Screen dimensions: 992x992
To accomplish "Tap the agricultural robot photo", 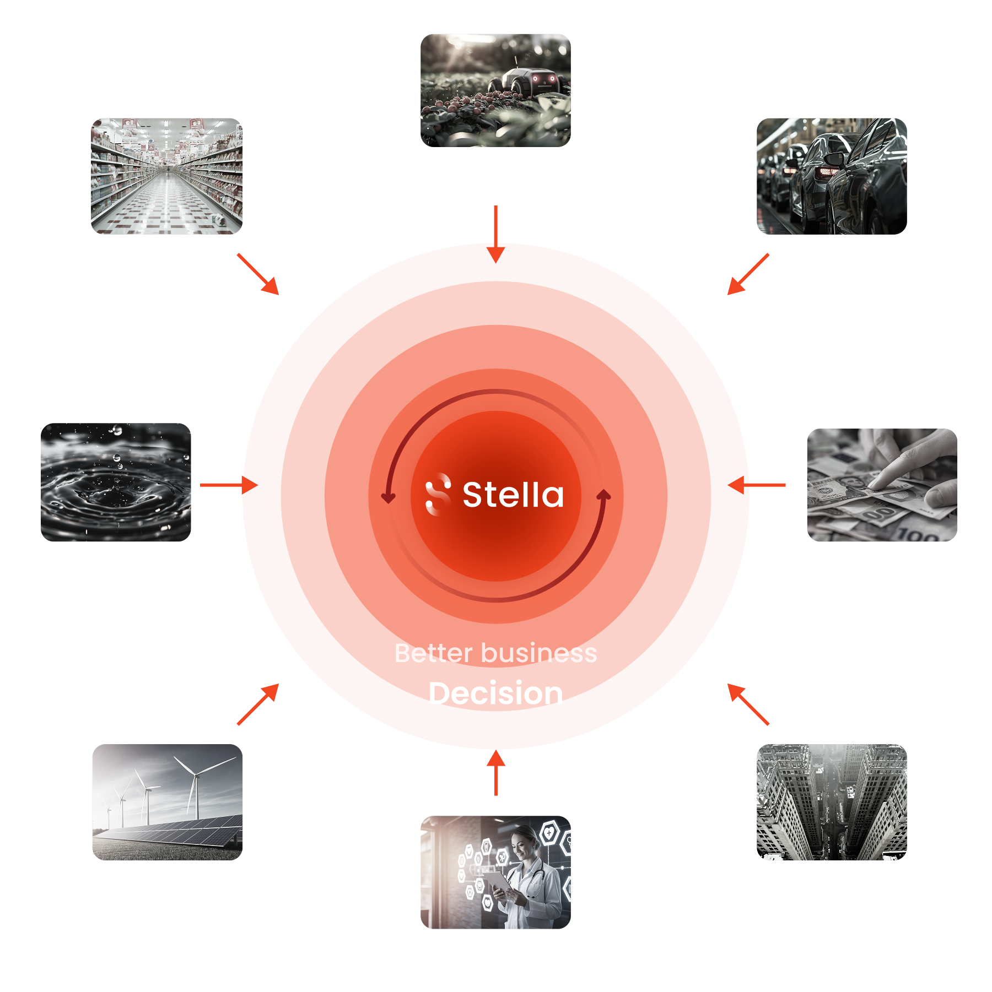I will [495, 90].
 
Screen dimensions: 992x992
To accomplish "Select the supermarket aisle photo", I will [166, 176].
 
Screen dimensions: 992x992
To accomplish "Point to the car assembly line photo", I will [832, 176].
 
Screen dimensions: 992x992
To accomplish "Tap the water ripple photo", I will [116, 482].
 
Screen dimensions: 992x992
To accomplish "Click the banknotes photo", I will [882, 485].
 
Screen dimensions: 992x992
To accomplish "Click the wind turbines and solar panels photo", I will [167, 802].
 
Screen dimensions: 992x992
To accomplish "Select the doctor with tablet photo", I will [495, 872].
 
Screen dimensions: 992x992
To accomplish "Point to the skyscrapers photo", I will [832, 802].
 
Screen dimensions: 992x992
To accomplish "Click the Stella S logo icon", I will [438, 494].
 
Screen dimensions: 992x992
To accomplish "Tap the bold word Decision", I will [495, 693].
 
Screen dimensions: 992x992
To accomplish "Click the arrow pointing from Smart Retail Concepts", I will [258, 274].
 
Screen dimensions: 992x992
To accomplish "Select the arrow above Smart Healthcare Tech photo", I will [496, 772].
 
